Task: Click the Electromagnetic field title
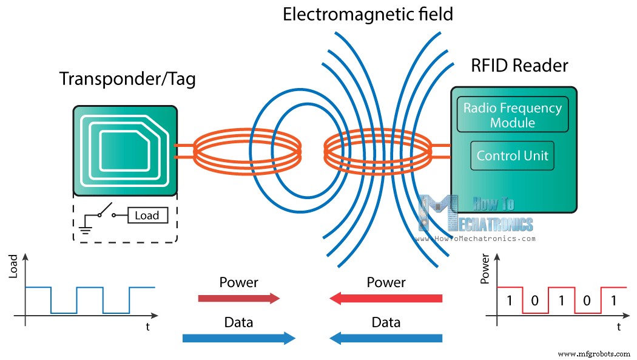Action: (368, 14)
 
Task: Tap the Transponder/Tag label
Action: (127, 80)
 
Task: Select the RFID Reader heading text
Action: (519, 66)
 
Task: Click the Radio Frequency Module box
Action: (513, 115)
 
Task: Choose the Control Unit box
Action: (512, 156)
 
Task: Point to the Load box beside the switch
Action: (147, 216)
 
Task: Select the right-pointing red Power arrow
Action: (239, 298)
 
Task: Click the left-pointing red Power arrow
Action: (386, 298)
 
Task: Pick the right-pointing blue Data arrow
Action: (239, 338)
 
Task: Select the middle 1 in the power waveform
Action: (561, 300)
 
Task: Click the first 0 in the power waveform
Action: (535, 300)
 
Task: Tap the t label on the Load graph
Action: (148, 327)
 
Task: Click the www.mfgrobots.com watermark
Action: (595, 353)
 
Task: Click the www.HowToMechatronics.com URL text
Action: (475, 239)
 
